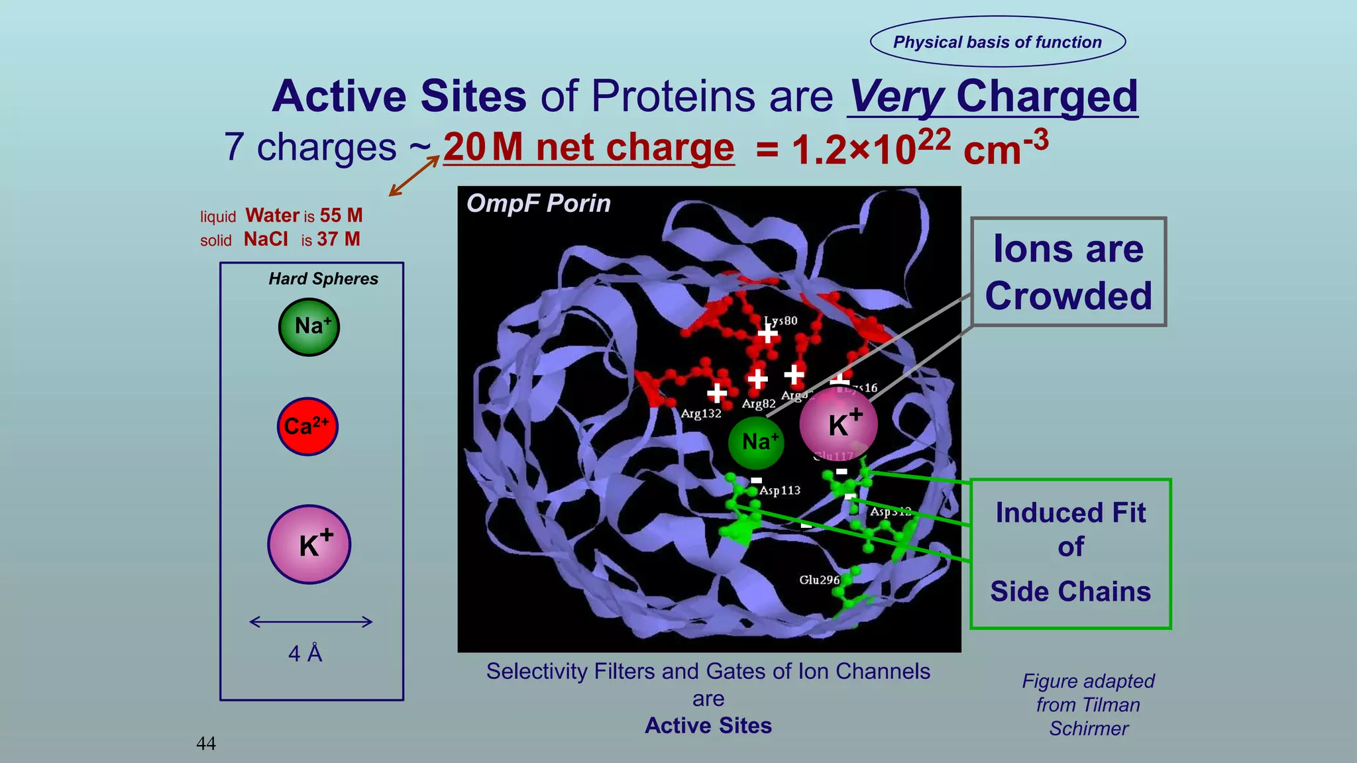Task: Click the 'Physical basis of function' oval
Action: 997,42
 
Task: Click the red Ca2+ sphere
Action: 307,427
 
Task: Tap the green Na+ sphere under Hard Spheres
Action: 309,327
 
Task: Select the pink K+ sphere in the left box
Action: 309,544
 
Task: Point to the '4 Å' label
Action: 305,654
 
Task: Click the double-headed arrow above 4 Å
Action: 311,621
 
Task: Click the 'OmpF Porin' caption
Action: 538,203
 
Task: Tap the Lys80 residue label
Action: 781,321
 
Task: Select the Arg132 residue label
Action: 701,413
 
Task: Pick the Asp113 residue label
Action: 780,490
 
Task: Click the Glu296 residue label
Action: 819,580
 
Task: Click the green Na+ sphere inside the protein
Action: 756,442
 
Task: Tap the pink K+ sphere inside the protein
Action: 838,424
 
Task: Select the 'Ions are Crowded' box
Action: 1068,272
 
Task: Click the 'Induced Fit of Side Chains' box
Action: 1070,553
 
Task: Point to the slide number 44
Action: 206,743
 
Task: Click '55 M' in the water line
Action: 341,215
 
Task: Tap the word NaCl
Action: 266,239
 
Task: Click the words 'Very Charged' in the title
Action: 993,97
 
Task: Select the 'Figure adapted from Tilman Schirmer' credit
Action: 1088,705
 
